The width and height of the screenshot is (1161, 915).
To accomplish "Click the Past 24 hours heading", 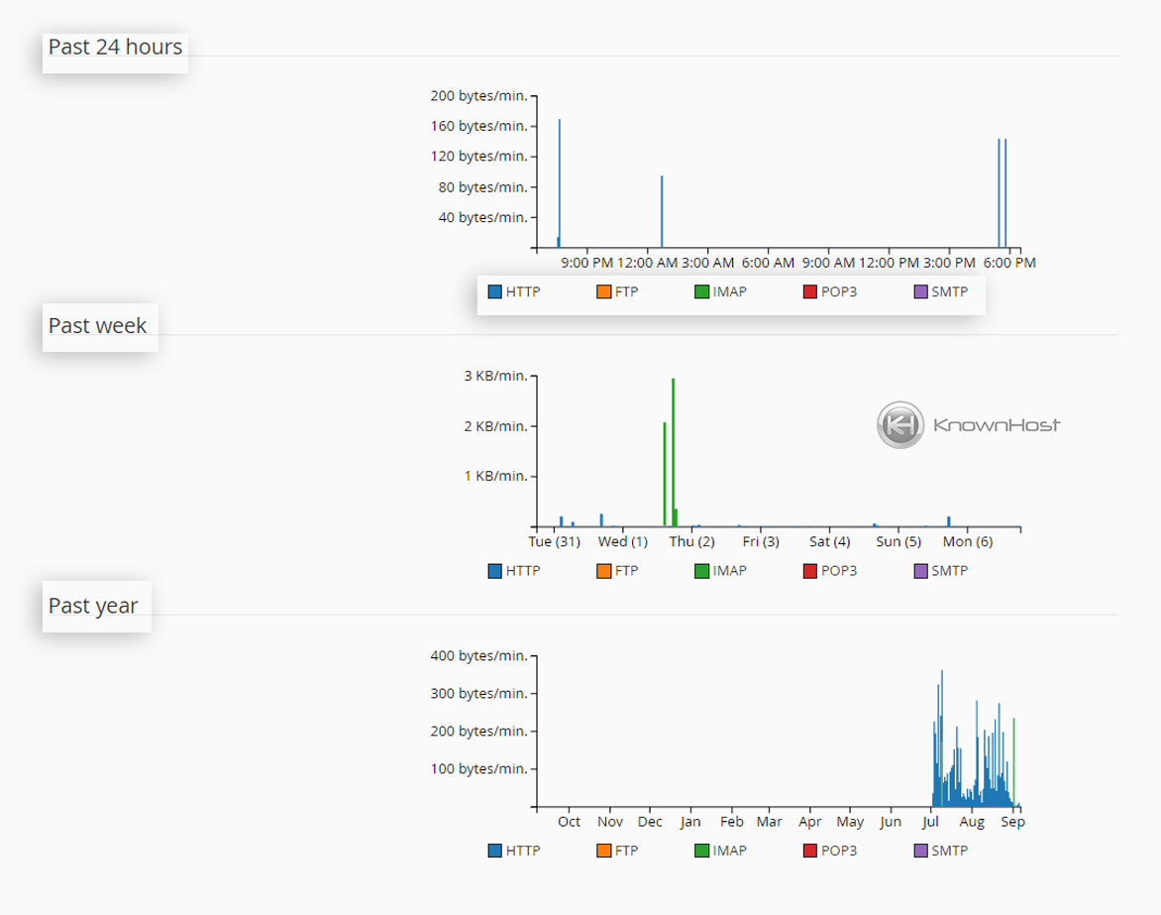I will pyautogui.click(x=115, y=47).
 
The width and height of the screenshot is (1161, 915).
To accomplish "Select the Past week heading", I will pyautogui.click(x=97, y=325).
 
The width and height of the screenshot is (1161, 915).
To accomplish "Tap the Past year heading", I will pyautogui.click(x=93, y=606).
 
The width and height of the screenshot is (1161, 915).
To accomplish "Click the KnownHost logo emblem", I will pyautogui.click(x=899, y=425).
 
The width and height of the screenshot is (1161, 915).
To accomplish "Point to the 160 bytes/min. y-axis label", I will pyautogui.click(x=478, y=126).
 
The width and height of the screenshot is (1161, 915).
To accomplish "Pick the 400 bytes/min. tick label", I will pyautogui.click(x=478, y=655).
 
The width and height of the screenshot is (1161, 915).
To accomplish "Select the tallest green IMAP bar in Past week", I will pyautogui.click(x=673, y=451).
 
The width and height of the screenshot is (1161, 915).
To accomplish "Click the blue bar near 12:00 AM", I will pyautogui.click(x=662, y=211).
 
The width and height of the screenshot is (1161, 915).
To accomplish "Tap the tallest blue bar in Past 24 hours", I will pyautogui.click(x=560, y=183).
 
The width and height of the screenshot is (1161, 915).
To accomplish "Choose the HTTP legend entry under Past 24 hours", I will pyautogui.click(x=514, y=291).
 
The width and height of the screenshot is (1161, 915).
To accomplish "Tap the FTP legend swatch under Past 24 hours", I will pyautogui.click(x=602, y=291).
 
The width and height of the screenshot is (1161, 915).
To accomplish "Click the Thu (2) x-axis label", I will pyautogui.click(x=691, y=542).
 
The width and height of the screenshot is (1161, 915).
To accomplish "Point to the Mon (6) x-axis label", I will pyautogui.click(x=967, y=542).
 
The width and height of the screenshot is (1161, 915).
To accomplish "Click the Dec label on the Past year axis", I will pyautogui.click(x=650, y=822).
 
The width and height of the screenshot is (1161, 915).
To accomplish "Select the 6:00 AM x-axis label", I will pyautogui.click(x=768, y=263).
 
